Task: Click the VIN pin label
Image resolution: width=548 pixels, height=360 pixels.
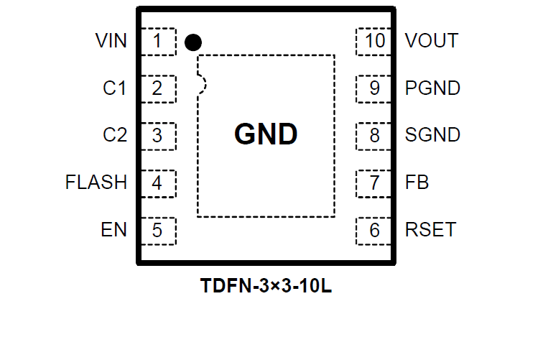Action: [x=111, y=41]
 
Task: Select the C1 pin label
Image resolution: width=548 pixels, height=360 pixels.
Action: [x=115, y=88]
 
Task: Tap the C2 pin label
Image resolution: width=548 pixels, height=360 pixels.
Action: [x=115, y=135]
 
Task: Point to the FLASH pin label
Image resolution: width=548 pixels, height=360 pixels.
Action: [x=96, y=183]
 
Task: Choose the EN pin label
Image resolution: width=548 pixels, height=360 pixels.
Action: [x=114, y=230]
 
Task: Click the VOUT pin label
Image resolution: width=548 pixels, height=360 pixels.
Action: [x=432, y=41]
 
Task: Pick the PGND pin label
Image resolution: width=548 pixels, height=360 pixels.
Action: [x=432, y=88]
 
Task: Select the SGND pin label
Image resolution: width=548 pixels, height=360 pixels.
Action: [x=432, y=135]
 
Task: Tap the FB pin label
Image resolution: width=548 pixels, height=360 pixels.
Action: [x=417, y=183]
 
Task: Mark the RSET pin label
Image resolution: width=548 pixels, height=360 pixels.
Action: [x=430, y=230]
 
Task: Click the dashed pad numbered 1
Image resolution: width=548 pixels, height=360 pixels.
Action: [x=159, y=41]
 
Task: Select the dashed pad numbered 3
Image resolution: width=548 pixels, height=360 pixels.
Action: [x=159, y=135]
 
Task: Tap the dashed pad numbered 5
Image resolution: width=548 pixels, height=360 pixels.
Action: [x=159, y=230]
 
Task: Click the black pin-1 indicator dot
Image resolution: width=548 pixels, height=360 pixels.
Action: [x=192, y=42]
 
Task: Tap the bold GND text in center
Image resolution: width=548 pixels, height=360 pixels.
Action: [x=266, y=134]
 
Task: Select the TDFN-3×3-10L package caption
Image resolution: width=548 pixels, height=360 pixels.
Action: [x=266, y=287]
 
